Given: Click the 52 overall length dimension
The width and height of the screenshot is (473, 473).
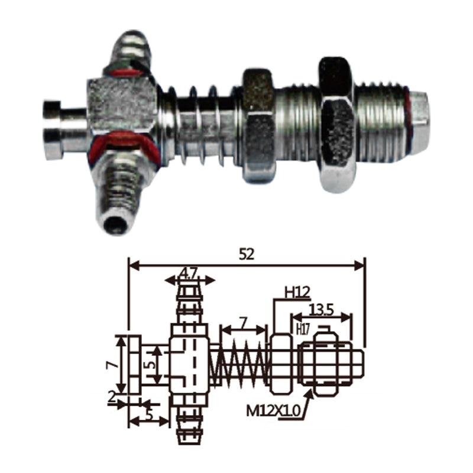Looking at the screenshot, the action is [x=247, y=255].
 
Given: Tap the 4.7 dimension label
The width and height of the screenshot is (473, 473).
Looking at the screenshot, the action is [x=190, y=274].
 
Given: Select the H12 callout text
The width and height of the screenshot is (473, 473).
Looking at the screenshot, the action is [x=297, y=292].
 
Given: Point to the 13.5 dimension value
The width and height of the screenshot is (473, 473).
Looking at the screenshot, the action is [x=321, y=310].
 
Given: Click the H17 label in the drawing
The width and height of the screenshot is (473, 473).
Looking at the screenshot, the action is [x=303, y=329].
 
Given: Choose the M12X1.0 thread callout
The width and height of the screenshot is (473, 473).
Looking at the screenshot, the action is [x=274, y=410].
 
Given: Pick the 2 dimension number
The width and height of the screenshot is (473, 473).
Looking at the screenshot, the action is [x=112, y=397].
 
